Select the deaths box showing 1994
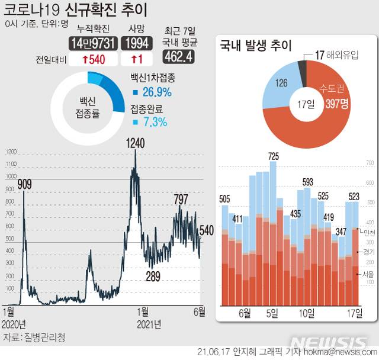[136, 43]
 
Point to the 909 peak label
[24, 184]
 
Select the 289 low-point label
[153, 275]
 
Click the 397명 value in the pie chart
[337, 105]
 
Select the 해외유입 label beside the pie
[346, 55]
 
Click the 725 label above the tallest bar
[273, 156]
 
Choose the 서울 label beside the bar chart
[367, 274]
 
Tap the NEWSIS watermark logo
[330, 344]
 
